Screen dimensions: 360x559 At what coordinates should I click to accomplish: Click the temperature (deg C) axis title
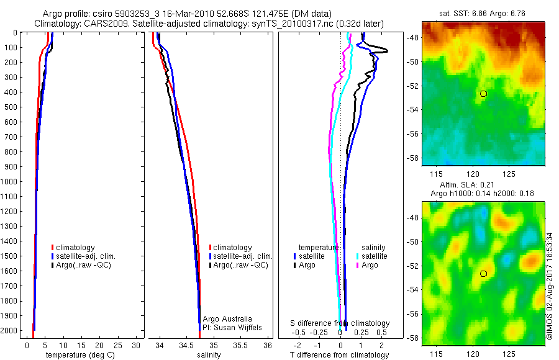75,355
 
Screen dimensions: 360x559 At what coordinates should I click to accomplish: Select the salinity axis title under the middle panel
209,355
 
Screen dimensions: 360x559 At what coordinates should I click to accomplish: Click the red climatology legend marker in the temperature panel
53,248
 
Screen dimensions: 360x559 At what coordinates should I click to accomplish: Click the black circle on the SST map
483,93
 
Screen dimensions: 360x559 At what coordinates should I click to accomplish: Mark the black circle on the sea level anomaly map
483,273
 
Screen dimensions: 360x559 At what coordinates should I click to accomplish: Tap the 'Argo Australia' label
228,318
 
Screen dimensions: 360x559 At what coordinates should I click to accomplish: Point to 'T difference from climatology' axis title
340,355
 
